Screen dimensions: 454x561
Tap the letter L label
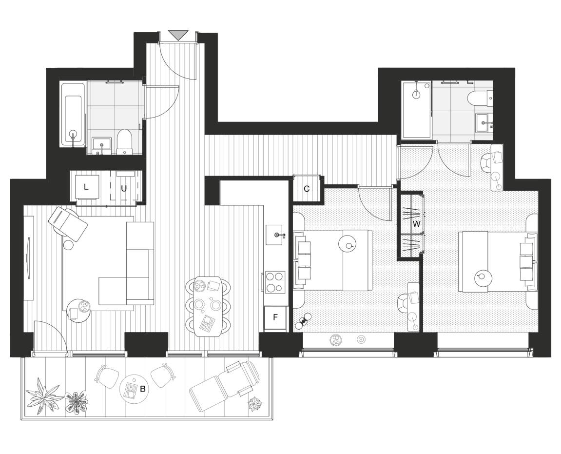pos(86,187)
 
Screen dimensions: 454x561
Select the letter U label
pos(124,188)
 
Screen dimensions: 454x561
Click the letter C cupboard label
pos(307,189)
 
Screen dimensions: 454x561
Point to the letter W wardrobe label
pos(416,224)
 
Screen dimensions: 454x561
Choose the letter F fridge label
pos(275,317)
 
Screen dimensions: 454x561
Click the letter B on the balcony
pos(143,389)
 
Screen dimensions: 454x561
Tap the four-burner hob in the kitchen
pos(275,281)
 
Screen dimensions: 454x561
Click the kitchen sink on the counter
pos(276,236)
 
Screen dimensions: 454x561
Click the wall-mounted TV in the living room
pos(28,258)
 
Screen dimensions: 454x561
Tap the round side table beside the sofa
pos(79,310)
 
